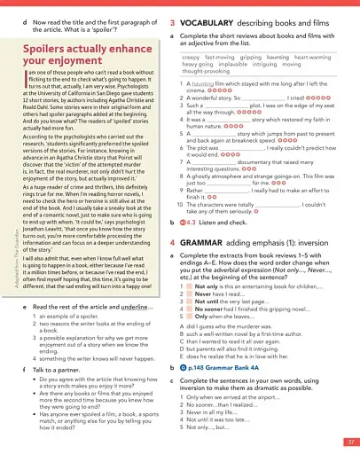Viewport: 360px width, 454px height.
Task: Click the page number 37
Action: pyautogui.click(x=350, y=441)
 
